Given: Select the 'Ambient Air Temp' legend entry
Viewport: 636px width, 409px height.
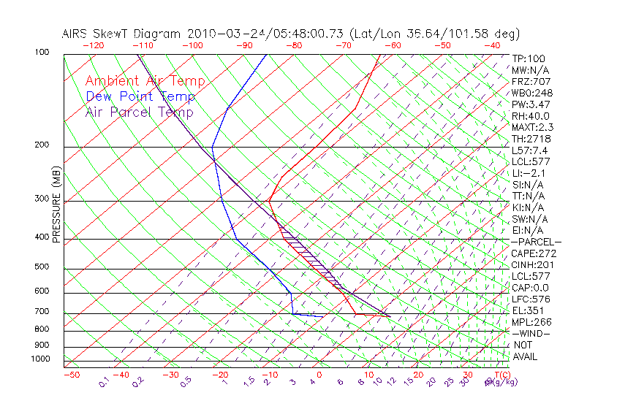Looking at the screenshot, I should pyautogui.click(x=145, y=81).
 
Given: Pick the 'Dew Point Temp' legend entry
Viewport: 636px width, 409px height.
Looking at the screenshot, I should pyautogui.click(x=140, y=96).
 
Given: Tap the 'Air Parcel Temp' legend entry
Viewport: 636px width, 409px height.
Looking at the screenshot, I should pyautogui.click(x=139, y=112).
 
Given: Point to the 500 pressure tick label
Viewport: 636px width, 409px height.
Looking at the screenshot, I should pyautogui.click(x=42, y=267).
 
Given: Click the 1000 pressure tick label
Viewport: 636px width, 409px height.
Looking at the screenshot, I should pyautogui.click(x=40, y=359).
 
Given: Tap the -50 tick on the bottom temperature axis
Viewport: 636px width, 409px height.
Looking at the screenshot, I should pyautogui.click(x=71, y=375).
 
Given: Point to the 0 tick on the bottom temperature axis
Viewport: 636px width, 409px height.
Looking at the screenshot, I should pyautogui.click(x=319, y=375).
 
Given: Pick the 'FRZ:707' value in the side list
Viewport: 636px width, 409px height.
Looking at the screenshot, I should pyautogui.click(x=531, y=81).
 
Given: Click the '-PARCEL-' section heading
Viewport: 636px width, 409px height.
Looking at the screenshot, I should pyautogui.click(x=537, y=242).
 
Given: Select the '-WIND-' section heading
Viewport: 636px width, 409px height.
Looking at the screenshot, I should pyautogui.click(x=531, y=333).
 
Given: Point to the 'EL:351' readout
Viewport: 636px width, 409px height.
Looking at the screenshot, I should pyautogui.click(x=529, y=310).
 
